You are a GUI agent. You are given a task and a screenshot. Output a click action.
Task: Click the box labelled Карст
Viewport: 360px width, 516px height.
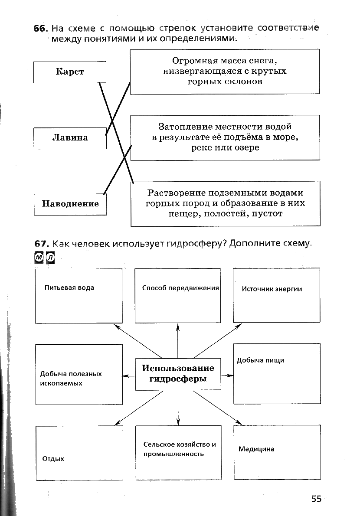[x=70, y=72]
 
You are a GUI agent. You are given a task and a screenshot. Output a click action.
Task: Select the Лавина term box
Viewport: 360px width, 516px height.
[x=70, y=138]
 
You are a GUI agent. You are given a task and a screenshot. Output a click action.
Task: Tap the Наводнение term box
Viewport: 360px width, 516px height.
[x=70, y=204]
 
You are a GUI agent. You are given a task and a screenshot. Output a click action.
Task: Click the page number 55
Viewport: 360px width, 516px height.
[x=316, y=499]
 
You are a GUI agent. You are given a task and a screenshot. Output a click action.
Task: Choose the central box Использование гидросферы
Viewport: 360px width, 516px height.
[x=178, y=373]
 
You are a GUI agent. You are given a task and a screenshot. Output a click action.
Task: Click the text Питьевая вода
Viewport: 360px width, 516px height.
[x=69, y=287]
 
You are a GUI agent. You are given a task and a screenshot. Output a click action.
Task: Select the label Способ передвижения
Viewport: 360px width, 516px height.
[x=180, y=288]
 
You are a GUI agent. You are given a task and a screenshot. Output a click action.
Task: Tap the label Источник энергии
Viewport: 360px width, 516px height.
[x=272, y=289]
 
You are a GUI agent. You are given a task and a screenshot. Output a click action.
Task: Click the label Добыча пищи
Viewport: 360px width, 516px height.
[x=260, y=360]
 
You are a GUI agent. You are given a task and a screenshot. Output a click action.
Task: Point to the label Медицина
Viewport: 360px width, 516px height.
[x=256, y=449]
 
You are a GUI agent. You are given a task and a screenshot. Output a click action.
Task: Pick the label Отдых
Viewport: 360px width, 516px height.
[x=53, y=458]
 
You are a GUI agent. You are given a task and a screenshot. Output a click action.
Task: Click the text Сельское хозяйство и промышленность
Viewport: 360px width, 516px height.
[x=180, y=449]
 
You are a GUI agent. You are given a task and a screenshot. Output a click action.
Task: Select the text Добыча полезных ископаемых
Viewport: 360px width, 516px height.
[x=71, y=379]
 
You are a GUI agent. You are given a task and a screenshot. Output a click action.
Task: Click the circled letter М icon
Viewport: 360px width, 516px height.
[x=39, y=257]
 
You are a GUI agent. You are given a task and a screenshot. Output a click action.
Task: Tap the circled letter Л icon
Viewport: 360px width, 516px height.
[x=51, y=257]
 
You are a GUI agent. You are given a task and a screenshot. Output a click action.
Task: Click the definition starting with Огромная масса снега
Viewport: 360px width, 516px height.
[x=225, y=71]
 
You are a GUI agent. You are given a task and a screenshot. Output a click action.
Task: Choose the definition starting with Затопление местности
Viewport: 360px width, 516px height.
[x=225, y=137]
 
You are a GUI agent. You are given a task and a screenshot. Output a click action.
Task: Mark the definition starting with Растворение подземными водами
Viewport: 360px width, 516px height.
[x=225, y=203]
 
